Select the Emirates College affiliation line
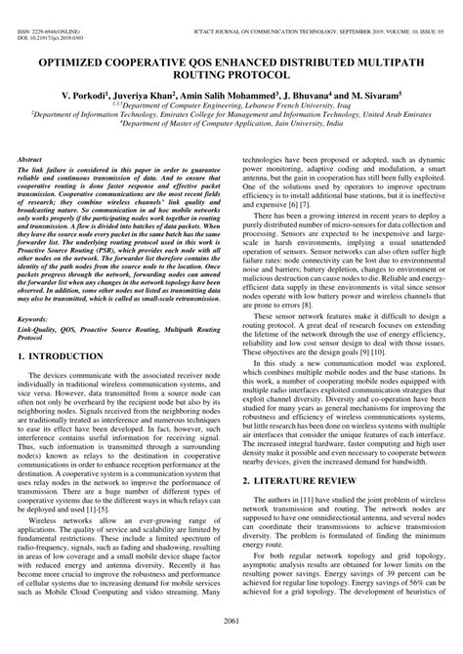[231, 122]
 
